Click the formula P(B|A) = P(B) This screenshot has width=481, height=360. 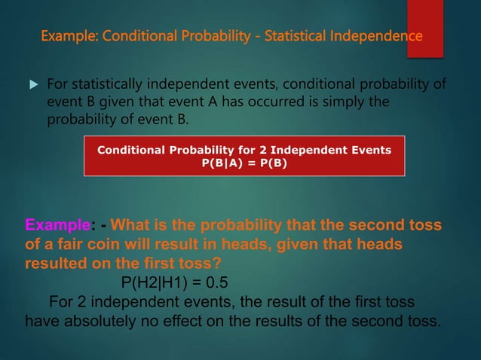coord(244,163)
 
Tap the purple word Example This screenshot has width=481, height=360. coord(57,226)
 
